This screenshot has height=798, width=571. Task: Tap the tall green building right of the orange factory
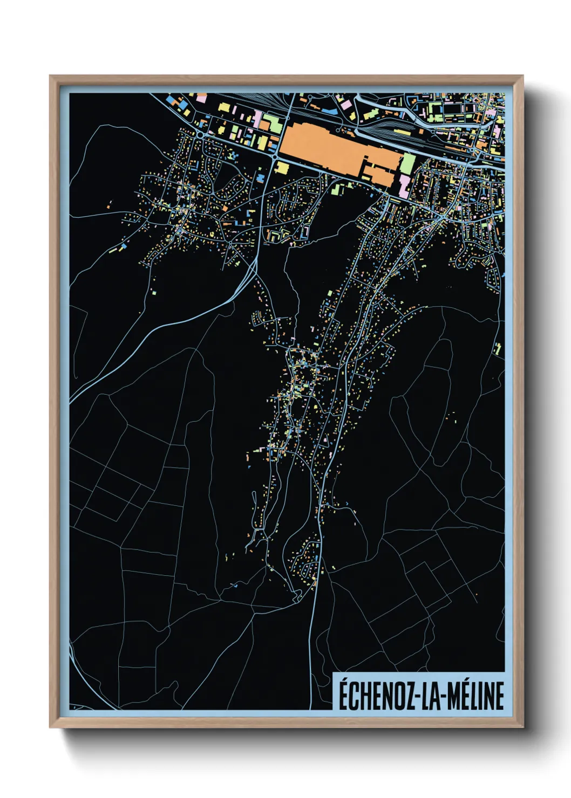click(408, 163)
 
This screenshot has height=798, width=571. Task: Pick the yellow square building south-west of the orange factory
click(282, 168)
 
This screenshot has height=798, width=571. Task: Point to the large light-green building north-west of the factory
click(271, 125)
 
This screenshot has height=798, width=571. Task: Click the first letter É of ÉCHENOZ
click(344, 695)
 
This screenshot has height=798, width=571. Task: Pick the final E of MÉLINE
click(499, 696)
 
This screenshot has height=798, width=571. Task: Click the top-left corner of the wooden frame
click(51, 77)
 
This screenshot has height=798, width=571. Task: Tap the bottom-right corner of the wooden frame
click(522, 726)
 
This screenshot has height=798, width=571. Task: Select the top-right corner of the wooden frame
click(522, 77)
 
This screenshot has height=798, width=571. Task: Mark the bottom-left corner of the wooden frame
click(51, 726)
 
